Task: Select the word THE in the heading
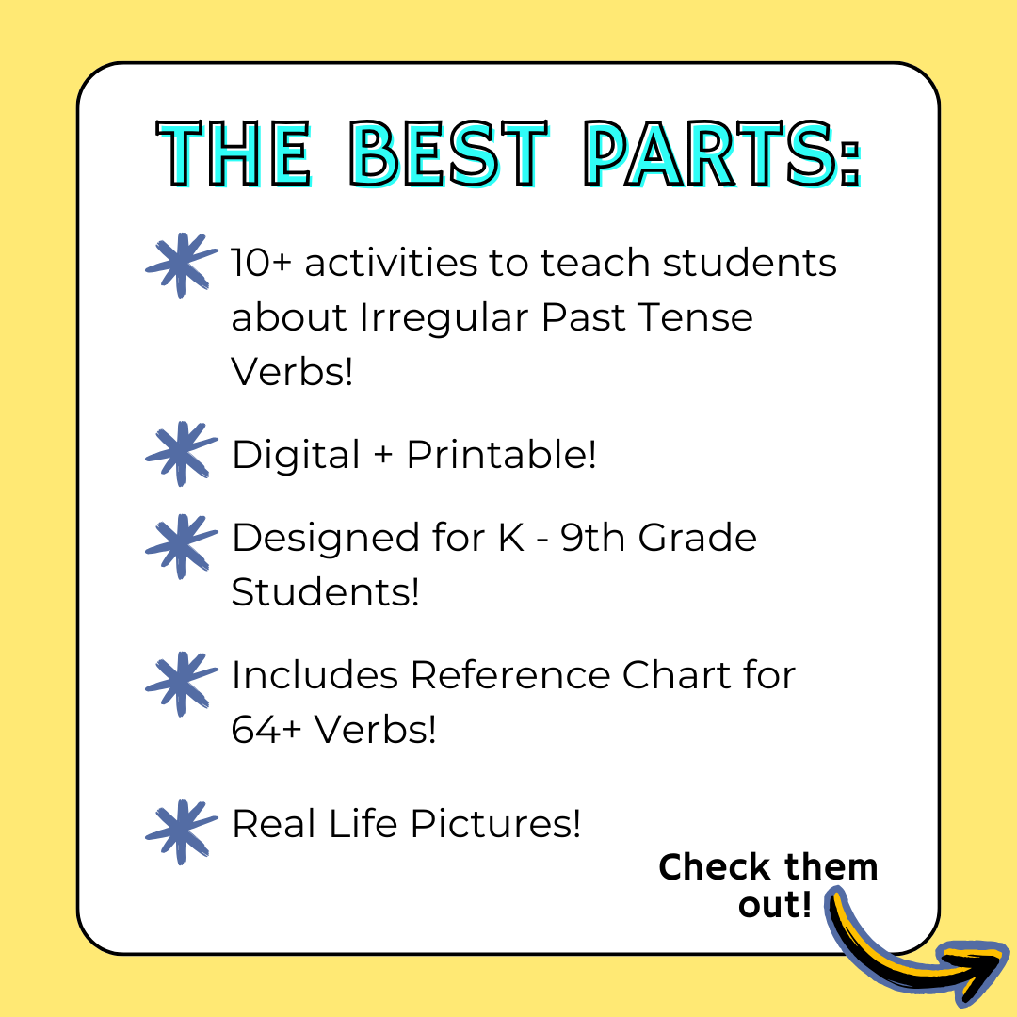234,153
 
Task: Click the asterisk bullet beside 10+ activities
180,265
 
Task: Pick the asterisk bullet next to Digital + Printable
180,454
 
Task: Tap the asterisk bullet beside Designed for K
180,546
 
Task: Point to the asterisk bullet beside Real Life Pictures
180,831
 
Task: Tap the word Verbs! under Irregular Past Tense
292,372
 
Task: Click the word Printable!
502,455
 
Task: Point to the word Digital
296,455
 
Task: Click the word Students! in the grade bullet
325,592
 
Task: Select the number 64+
267,730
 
